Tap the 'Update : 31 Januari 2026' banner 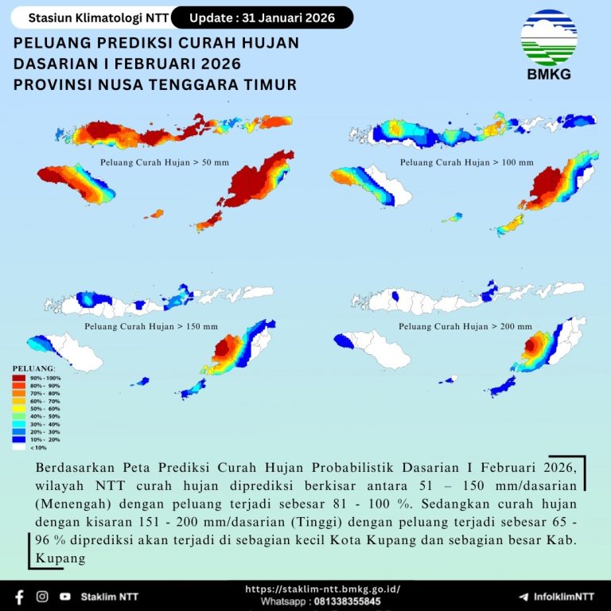[262, 18]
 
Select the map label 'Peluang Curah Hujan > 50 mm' [165, 162]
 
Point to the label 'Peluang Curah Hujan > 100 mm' [466, 162]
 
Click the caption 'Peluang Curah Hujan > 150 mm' [152, 327]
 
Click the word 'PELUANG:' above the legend [33, 368]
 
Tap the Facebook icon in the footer [19, 596]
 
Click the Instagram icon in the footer [42, 596]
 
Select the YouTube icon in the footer [64, 596]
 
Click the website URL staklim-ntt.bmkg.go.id [322, 590]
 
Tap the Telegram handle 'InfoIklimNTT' [563, 596]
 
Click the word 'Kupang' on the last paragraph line [60, 560]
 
